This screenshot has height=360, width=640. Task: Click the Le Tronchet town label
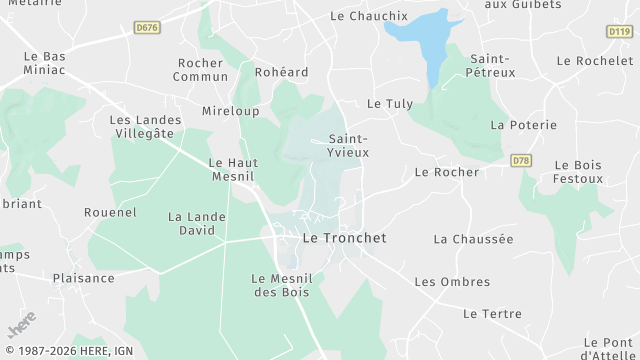pyautogui.click(x=344, y=238)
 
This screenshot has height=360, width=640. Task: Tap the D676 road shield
pyautogui.click(x=147, y=28)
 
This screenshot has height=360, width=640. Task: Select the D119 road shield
pyautogui.click(x=619, y=32)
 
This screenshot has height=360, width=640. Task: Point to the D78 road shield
pyautogui.click(x=520, y=160)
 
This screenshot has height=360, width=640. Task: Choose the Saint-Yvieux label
pyautogui.click(x=349, y=145)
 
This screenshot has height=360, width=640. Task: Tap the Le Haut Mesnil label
pyautogui.click(x=232, y=169)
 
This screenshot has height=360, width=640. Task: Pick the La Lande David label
pyautogui.click(x=192, y=223)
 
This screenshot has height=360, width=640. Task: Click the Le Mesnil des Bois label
pyautogui.click(x=281, y=285)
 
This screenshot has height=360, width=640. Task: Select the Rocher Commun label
pyautogui.click(x=200, y=69)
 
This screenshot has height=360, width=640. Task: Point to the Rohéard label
pyautogui.click(x=283, y=72)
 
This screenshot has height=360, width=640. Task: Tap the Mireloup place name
pyautogui.click(x=231, y=110)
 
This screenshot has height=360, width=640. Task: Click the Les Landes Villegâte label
pyautogui.click(x=142, y=126)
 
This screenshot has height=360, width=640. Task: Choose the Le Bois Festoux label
pyautogui.click(x=579, y=172)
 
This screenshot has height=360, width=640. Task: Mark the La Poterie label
pyautogui.click(x=515, y=125)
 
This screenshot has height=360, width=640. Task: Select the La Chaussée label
pyautogui.click(x=473, y=239)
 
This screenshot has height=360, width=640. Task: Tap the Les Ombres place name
pyautogui.click(x=452, y=282)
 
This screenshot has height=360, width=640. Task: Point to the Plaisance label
pyautogui.click(x=84, y=278)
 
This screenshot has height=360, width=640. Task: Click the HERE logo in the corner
pyautogui.click(x=21, y=327)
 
